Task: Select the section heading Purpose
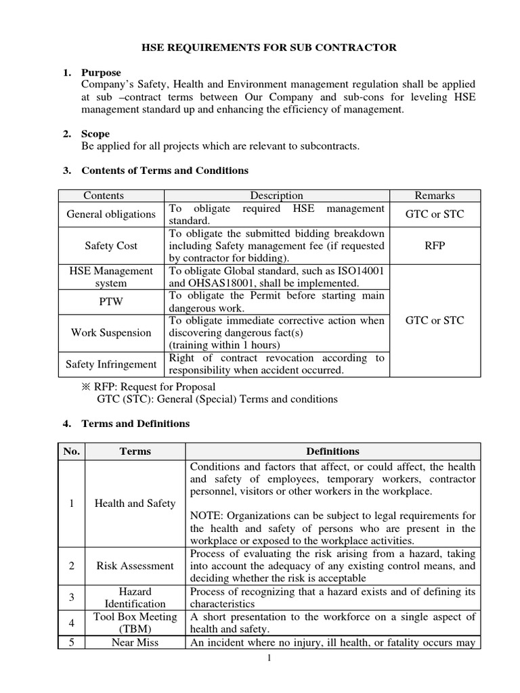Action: pyautogui.click(x=101, y=72)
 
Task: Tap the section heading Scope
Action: pyautogui.click(x=95, y=134)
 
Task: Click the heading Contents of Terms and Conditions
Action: pyautogui.click(x=165, y=171)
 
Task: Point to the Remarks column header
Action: pyautogui.click(x=435, y=196)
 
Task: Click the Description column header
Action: pyautogui.click(x=276, y=196)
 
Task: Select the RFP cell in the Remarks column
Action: pyautogui.click(x=435, y=246)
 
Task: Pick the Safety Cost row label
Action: pyautogui.click(x=110, y=246)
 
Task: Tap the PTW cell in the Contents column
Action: pyautogui.click(x=110, y=302)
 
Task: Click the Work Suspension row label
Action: pyautogui.click(x=110, y=333)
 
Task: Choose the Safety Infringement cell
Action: pyautogui.click(x=110, y=364)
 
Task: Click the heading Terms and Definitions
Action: pyautogui.click(x=135, y=424)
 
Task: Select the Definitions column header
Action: pyautogui.click(x=332, y=451)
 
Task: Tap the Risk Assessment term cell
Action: pyautogui.click(x=134, y=566)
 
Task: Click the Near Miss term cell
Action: pyautogui.click(x=134, y=642)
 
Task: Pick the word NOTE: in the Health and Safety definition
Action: pyautogui.click(x=208, y=516)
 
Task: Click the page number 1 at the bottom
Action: pyautogui.click(x=269, y=658)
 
